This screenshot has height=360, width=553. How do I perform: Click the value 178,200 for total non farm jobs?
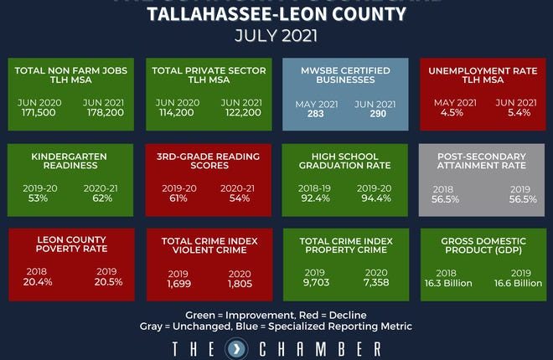coord(105,114)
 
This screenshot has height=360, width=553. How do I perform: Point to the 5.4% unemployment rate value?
coord(511,114)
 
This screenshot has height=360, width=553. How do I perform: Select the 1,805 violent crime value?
coord(240,285)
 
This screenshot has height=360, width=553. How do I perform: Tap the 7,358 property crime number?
coord(376,285)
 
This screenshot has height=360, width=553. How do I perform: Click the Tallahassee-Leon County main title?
coord(276,14)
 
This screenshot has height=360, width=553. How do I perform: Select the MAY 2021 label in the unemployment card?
coord(454,102)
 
